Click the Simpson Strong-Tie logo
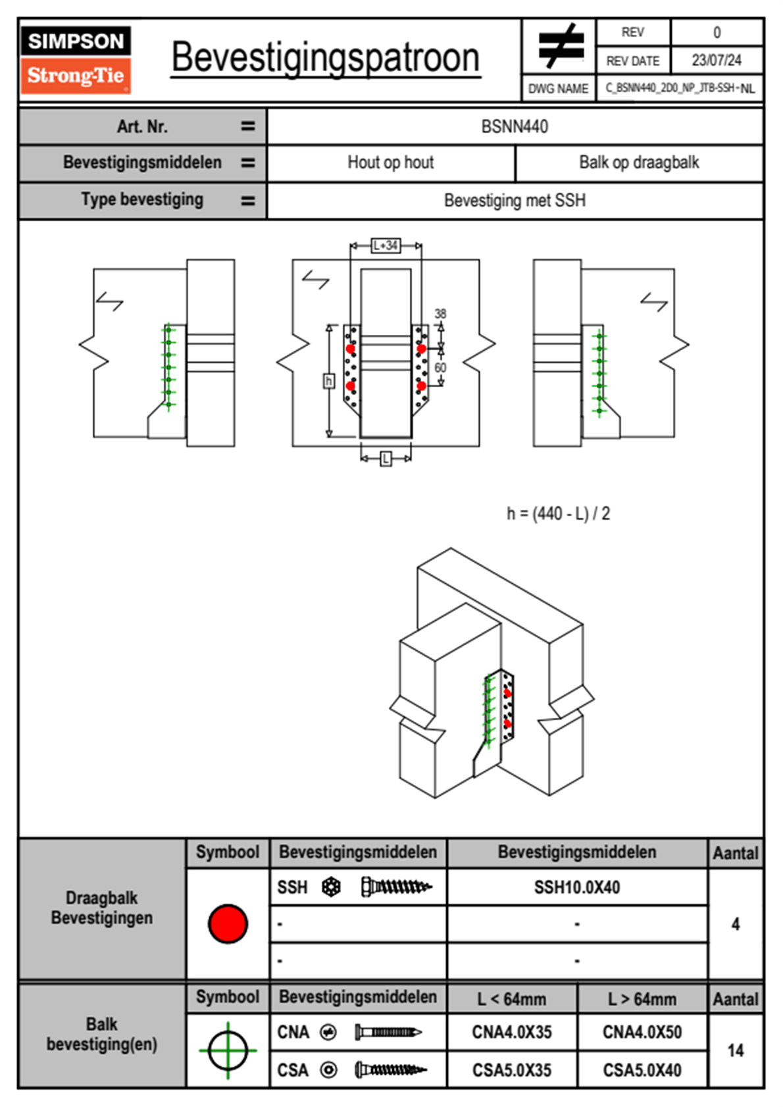[x=76, y=60]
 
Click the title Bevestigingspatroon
[x=325, y=58]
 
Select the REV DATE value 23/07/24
[x=716, y=61]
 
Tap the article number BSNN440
[x=515, y=126]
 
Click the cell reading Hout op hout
[x=391, y=163]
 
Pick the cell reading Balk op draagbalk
[x=639, y=163]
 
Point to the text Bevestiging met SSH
[x=515, y=200]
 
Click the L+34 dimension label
[x=386, y=245]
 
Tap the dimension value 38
[x=440, y=314]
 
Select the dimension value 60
[x=440, y=367]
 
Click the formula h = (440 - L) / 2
[x=558, y=513]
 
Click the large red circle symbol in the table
[x=228, y=923]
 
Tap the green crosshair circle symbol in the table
[x=228, y=1050]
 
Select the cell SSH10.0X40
[x=577, y=887]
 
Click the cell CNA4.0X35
[x=512, y=1032]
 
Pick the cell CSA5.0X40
[x=642, y=1070]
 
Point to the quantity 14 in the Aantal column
[x=735, y=1050]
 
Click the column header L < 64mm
[x=512, y=999]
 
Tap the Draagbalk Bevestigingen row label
[x=102, y=908]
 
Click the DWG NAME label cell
[x=558, y=88]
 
